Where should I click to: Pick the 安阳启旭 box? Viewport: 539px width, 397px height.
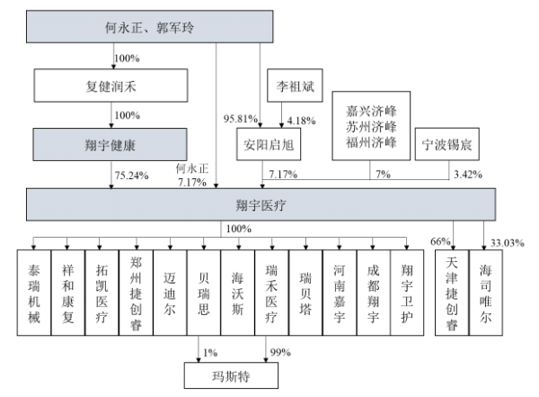tap(266, 144)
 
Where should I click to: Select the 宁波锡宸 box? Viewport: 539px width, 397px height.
tap(444, 144)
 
